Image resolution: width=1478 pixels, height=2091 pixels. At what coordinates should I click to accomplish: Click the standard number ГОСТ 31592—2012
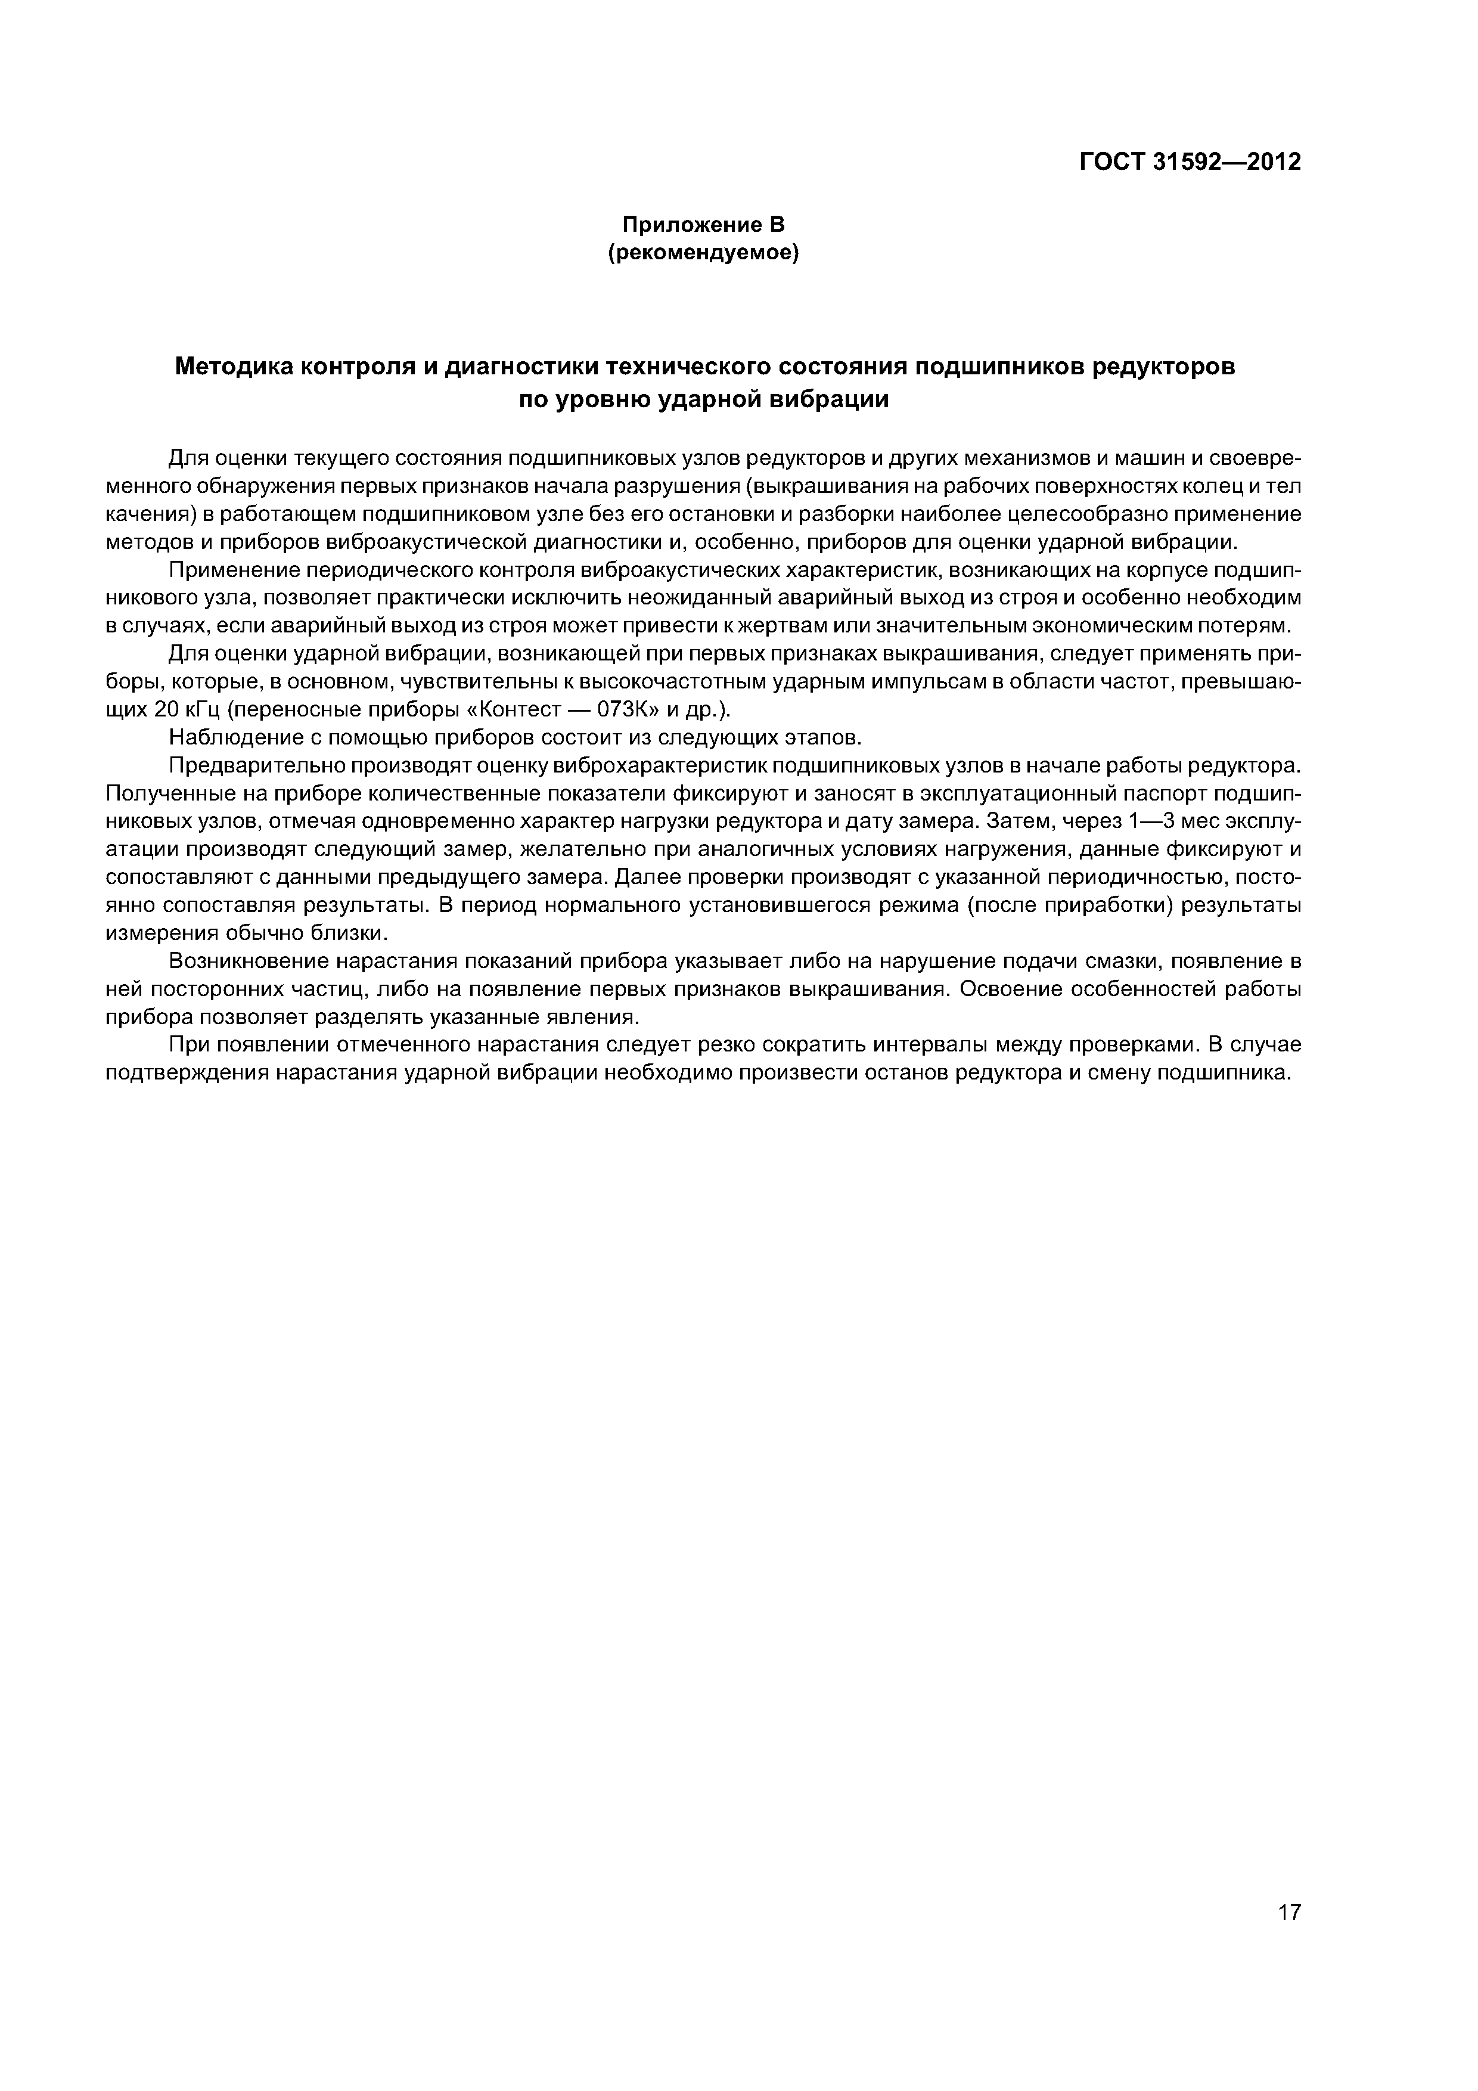point(1190,162)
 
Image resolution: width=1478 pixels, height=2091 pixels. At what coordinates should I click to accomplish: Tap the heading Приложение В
point(702,224)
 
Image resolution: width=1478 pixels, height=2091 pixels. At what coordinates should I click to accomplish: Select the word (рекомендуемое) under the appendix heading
point(702,253)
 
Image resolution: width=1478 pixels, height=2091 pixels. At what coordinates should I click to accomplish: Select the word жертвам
point(733,626)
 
